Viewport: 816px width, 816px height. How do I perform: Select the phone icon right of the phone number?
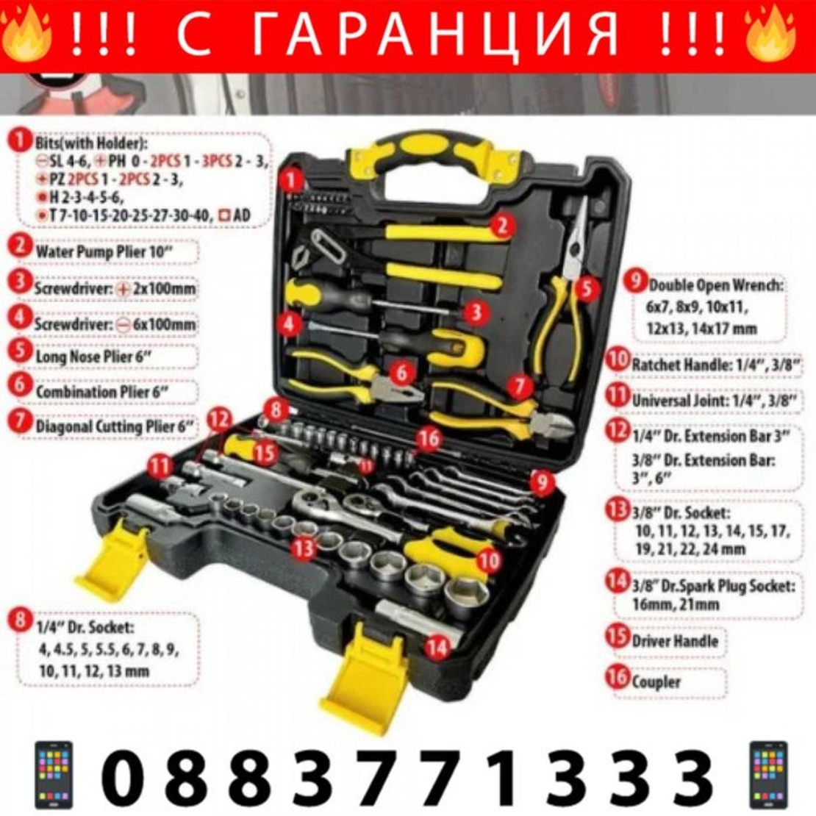click(x=768, y=775)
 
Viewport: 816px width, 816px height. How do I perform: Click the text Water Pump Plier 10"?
click(x=107, y=251)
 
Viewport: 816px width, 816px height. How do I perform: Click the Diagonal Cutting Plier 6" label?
click(x=114, y=426)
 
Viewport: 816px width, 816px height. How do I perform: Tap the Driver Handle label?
click(x=674, y=640)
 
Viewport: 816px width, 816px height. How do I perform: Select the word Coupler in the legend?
click(x=656, y=681)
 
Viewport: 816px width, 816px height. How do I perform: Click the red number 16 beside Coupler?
click(x=618, y=677)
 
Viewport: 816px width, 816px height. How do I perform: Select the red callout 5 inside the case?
click(x=584, y=288)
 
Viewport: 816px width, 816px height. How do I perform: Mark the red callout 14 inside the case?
click(x=437, y=646)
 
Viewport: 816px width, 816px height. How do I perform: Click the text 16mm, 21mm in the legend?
click(x=675, y=604)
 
